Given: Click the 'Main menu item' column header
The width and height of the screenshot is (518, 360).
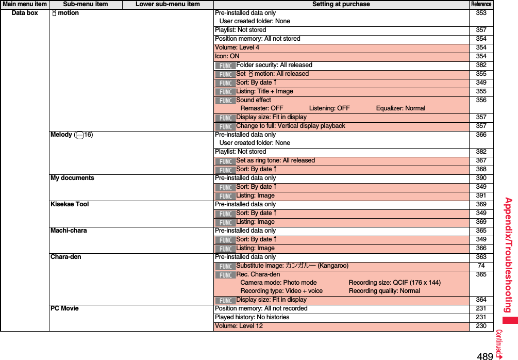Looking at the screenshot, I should tap(25, 4).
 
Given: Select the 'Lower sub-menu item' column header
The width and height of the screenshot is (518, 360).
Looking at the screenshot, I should tap(168, 4).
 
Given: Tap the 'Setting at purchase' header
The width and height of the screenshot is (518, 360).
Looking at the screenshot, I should tap(341, 4).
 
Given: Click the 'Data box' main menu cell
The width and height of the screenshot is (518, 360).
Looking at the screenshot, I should tap(25, 13).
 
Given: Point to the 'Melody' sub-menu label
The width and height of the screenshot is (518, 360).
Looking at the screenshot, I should tap(61, 135).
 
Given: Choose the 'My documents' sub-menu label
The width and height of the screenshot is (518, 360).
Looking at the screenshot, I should tap(72, 178).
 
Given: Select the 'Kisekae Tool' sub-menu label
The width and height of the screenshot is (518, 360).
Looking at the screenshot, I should tap(70, 204).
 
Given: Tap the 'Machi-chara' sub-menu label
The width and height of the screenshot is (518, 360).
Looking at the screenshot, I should tap(69, 231).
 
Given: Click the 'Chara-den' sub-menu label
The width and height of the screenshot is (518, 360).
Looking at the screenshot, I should tap(65, 257).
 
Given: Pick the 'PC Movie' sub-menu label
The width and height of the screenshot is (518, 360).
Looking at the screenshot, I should tap(64, 308).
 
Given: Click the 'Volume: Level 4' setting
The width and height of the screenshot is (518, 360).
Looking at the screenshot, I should tap(237, 47).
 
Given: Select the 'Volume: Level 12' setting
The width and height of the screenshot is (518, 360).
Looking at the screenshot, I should tap(239, 326).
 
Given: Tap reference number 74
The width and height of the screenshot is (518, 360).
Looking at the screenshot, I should tap(481, 266).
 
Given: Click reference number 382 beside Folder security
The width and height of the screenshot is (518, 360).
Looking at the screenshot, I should tap(481, 65).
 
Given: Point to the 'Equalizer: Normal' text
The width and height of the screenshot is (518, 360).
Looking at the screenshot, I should tap(400, 108).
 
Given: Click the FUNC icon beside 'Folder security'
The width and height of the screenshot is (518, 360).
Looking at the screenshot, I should tap(225, 66).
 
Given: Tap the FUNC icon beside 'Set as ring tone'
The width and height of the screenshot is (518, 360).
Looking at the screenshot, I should tap(225, 161).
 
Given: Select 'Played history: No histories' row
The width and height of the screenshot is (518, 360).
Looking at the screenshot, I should tap(252, 317).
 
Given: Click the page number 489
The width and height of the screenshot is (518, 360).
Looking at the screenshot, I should tap(485, 356).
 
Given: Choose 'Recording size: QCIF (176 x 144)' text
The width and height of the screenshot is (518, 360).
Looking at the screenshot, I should tap(394, 283).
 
